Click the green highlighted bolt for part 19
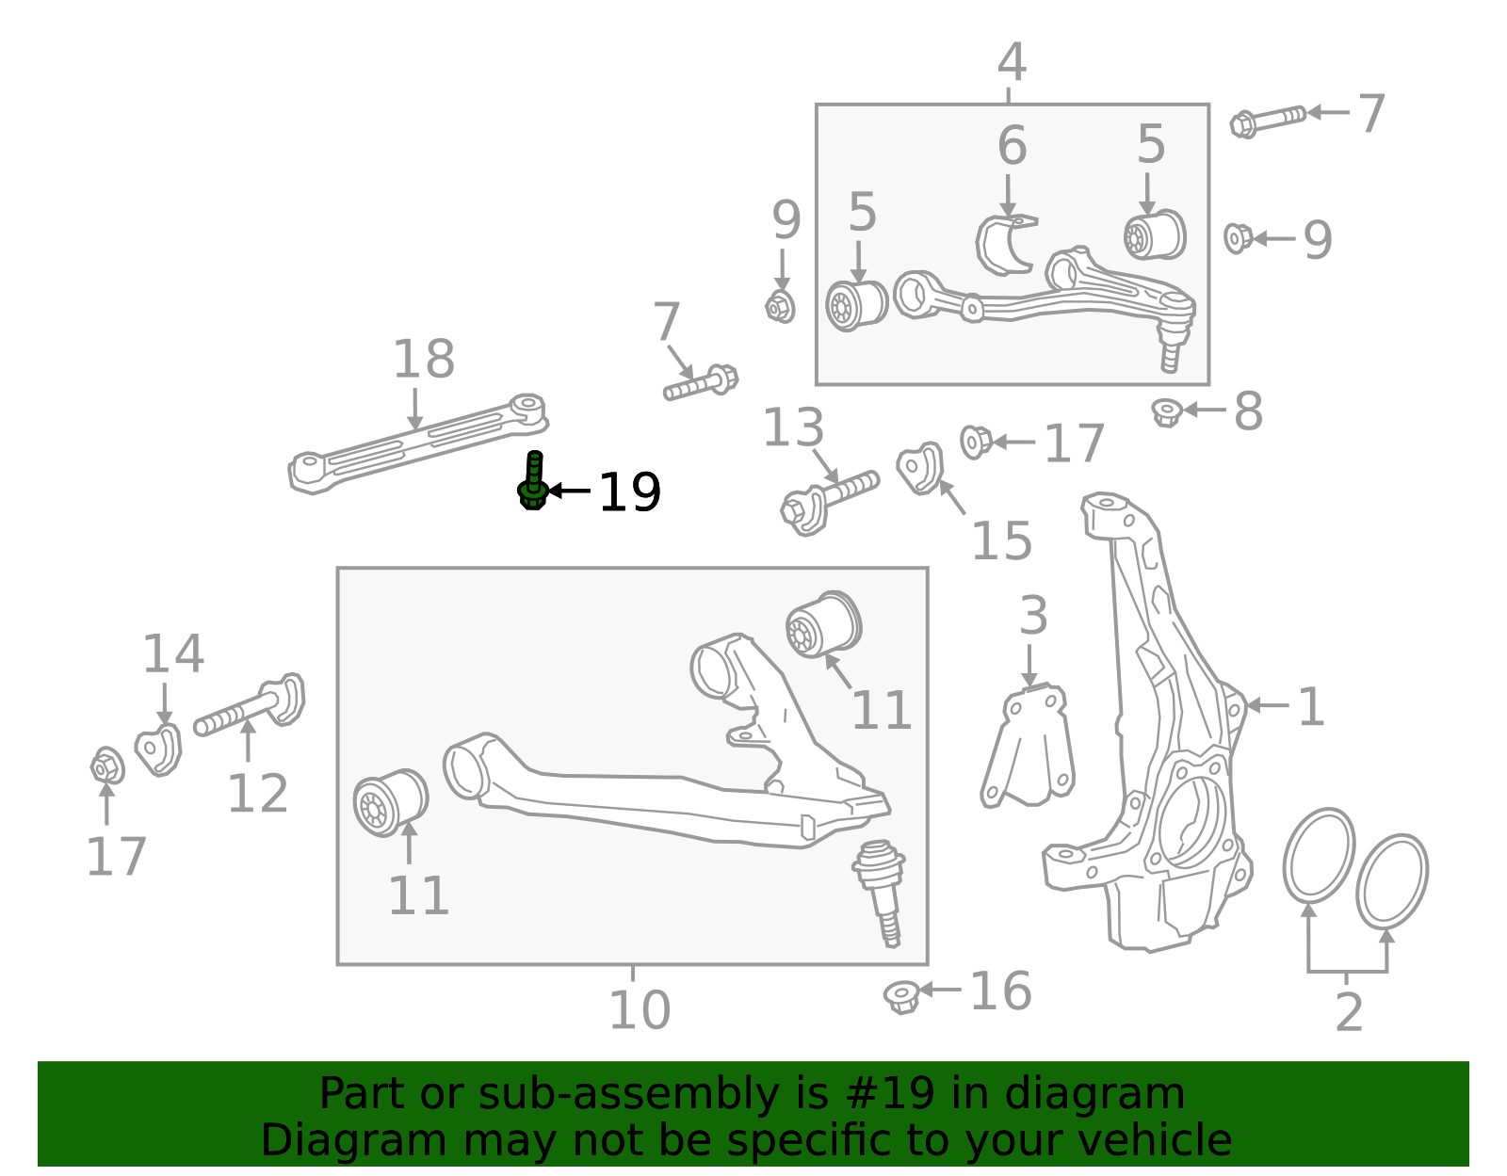533,481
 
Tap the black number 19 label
629,492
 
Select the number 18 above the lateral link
423,360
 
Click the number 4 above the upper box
1011,63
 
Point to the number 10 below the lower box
639,1010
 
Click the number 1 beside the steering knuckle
1310,707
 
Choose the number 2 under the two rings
1349,1013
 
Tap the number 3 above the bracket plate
1032,616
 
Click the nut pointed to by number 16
902,995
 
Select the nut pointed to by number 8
1167,411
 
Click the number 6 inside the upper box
1012,146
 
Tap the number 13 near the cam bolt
792,428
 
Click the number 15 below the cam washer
1000,541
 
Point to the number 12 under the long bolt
257,794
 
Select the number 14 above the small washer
172,654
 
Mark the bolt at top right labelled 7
1268,120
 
